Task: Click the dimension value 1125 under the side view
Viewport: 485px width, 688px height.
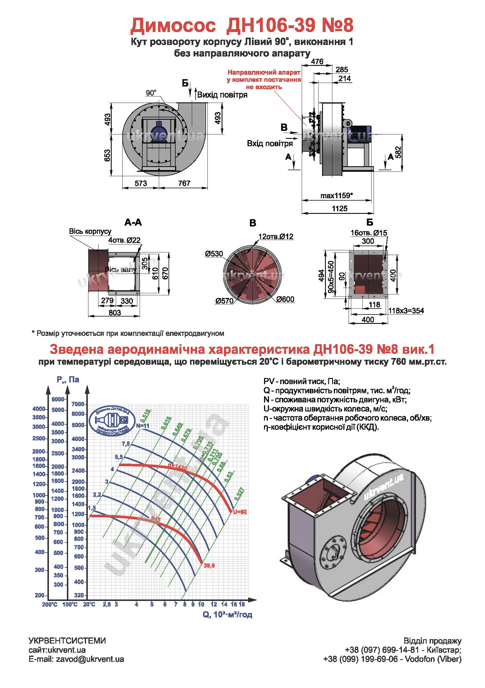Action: (339, 209)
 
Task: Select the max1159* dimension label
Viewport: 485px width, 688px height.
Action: (336, 196)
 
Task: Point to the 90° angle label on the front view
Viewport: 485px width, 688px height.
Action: (151, 93)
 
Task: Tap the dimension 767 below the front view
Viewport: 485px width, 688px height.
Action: (184, 183)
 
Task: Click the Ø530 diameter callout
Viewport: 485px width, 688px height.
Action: (214, 254)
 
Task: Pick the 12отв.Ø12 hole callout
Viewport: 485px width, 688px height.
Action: (276, 236)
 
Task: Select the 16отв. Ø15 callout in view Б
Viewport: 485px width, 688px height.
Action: (369, 233)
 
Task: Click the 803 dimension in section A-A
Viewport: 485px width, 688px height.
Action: (115, 313)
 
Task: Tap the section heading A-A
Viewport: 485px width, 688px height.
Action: (133, 222)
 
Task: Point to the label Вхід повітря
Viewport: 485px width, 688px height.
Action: (270, 144)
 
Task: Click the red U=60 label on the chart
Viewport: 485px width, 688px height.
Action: (240, 512)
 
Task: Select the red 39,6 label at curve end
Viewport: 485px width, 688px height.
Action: (209, 565)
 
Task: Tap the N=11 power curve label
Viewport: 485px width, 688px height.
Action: (143, 426)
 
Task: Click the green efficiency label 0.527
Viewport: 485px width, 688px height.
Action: (239, 494)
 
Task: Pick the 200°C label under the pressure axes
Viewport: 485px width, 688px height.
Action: (50, 604)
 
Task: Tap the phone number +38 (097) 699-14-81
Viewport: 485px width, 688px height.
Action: (382, 650)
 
